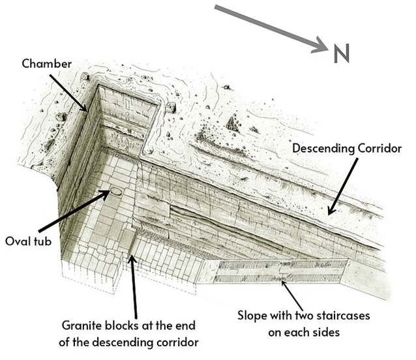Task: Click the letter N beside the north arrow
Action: [340, 53]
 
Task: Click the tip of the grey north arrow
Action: [324, 48]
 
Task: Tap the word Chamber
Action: [47, 64]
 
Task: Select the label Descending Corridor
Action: [346, 149]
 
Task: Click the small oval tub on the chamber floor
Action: [115, 192]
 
